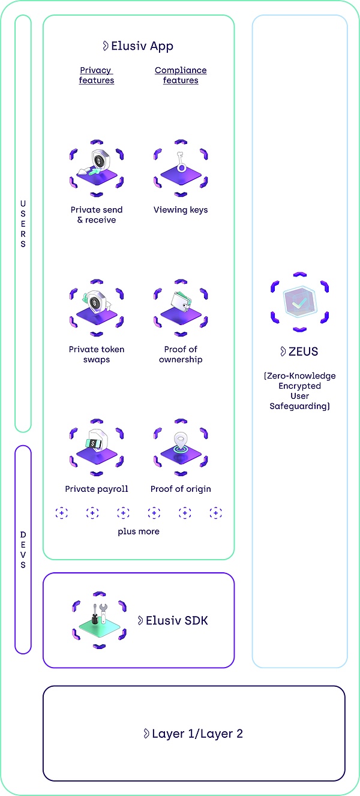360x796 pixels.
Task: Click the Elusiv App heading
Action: pyautogui.click(x=138, y=46)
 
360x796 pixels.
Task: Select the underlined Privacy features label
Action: pyautogui.click(x=96, y=75)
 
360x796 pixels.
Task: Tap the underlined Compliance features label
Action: pyautogui.click(x=181, y=75)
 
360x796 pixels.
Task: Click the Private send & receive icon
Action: pyautogui.click(x=97, y=169)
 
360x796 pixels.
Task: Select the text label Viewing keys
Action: pyautogui.click(x=181, y=210)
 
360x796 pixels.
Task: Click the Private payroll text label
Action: pyautogui.click(x=97, y=489)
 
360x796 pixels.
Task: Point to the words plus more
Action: pyautogui.click(x=139, y=531)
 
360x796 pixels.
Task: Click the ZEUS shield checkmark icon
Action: pyautogui.click(x=299, y=303)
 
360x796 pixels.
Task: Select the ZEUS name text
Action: pyautogui.click(x=299, y=352)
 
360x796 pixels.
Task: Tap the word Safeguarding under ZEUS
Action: pyautogui.click(x=299, y=406)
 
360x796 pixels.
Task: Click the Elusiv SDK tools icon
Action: pyautogui.click(x=98, y=621)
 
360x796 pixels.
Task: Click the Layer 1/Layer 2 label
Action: pyautogui.click(x=193, y=734)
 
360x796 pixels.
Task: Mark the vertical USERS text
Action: pyautogui.click(x=23, y=224)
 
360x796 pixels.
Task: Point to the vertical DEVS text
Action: pyautogui.click(x=23, y=549)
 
